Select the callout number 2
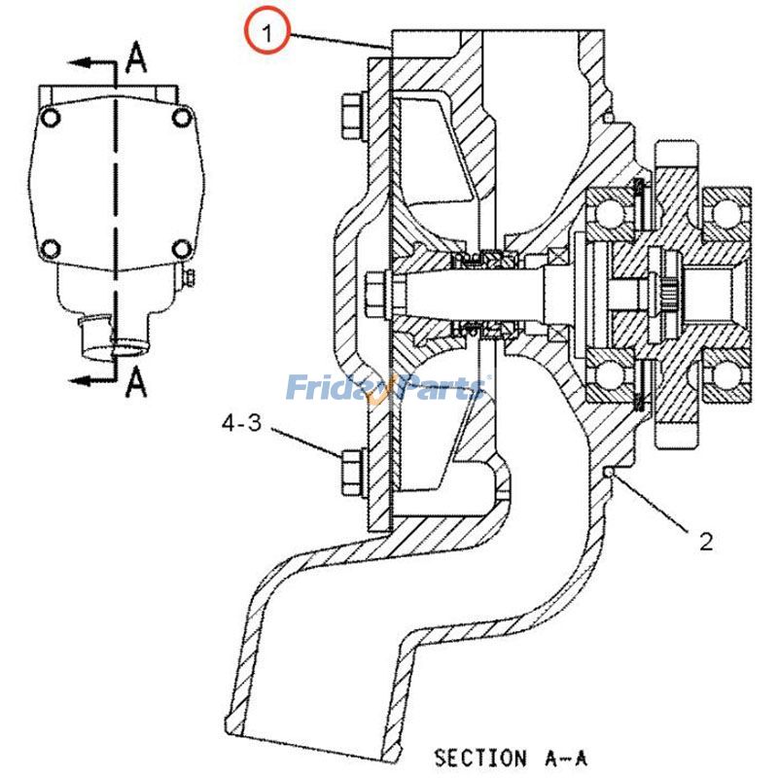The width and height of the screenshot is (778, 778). click(x=705, y=542)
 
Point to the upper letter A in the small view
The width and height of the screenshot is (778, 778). click(x=138, y=61)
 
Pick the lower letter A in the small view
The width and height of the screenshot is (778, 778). click(x=138, y=384)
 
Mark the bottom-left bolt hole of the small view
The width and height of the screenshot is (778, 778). click(x=53, y=247)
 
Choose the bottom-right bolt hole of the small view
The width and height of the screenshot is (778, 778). click(x=181, y=247)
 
